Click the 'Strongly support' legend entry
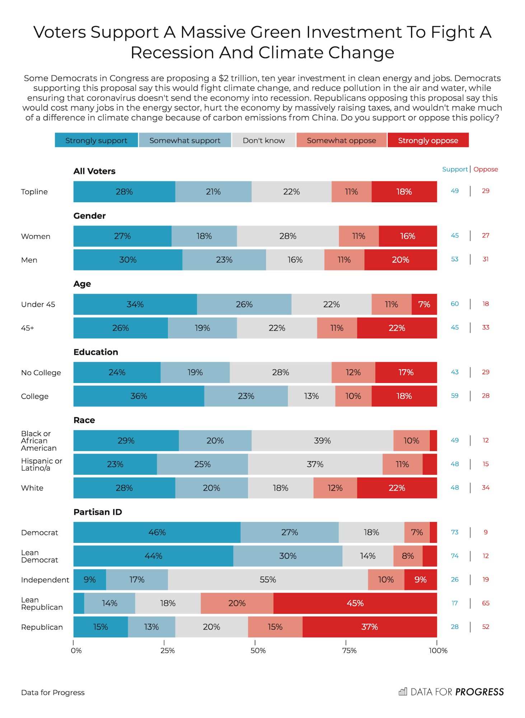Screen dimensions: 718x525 tap(96, 140)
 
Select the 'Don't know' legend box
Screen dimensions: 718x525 tap(264, 140)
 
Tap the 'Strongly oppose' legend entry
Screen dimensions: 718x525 tap(428, 140)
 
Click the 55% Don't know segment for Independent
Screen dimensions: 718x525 tap(268, 579)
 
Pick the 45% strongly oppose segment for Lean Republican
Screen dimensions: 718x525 tap(355, 603)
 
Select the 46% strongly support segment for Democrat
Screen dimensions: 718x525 tap(157, 532)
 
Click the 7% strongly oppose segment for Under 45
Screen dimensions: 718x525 tap(424, 304)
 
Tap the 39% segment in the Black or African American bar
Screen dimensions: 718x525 tap(322, 441)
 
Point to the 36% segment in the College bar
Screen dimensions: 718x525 tap(139, 396)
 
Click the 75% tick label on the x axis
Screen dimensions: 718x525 tap(349, 650)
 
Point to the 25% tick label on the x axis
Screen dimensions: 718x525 tap(167, 650)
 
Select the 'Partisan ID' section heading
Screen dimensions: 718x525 tap(98, 512)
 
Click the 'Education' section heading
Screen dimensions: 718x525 tap(96, 352)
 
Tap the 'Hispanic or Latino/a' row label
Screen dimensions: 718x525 tap(41, 464)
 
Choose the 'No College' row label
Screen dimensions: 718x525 tap(41, 373)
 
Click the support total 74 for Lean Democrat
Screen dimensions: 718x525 tap(455, 556)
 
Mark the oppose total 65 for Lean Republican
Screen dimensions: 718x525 tap(486, 603)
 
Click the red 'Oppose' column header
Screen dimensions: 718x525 tap(486, 169)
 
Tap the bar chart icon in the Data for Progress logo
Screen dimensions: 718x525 tap(403, 691)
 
